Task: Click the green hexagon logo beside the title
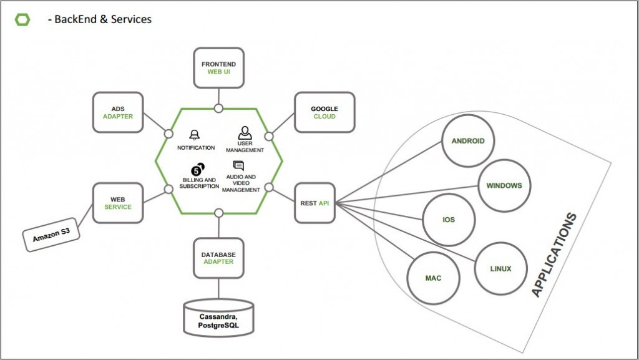(22, 19)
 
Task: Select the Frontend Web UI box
(218, 68)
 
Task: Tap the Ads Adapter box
(118, 112)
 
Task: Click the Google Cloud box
(324, 112)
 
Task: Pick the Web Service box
(118, 203)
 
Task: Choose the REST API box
(315, 203)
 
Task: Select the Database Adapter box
(218, 258)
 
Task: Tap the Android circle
(468, 141)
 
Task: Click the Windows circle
(504, 186)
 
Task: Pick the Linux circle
(501, 269)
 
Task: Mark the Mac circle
(433, 278)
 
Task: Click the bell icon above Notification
(195, 135)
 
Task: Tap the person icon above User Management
(245, 133)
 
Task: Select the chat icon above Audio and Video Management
(238, 166)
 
